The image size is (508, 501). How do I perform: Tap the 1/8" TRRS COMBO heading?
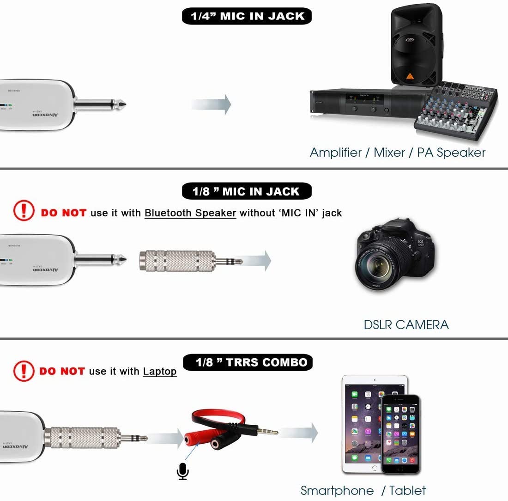248,362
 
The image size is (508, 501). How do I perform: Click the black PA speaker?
416,44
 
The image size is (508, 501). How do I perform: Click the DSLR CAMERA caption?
406,324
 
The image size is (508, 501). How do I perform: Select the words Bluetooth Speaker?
190,213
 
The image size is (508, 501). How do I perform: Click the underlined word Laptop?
160,371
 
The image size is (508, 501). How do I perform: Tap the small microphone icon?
183,471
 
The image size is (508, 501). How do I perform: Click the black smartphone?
400,435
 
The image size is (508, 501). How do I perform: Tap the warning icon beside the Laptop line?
24,371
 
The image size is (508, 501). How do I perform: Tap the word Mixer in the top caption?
389,153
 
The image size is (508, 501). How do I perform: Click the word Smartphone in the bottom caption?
337,490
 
